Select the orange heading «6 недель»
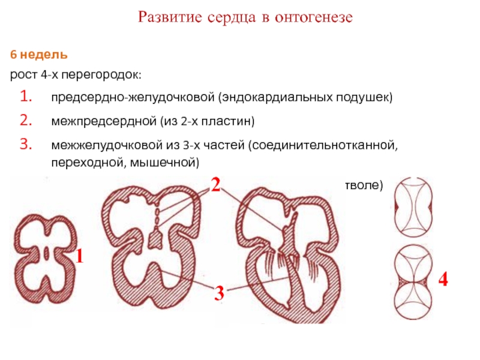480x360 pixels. pos(38,55)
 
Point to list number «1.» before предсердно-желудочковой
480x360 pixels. pos(27,96)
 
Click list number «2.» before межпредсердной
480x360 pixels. pos(27,121)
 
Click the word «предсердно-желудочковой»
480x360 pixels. pos(132,97)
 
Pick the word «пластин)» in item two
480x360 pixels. pos(233,122)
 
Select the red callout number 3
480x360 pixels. pos(219,293)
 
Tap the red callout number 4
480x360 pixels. pos(443,279)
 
